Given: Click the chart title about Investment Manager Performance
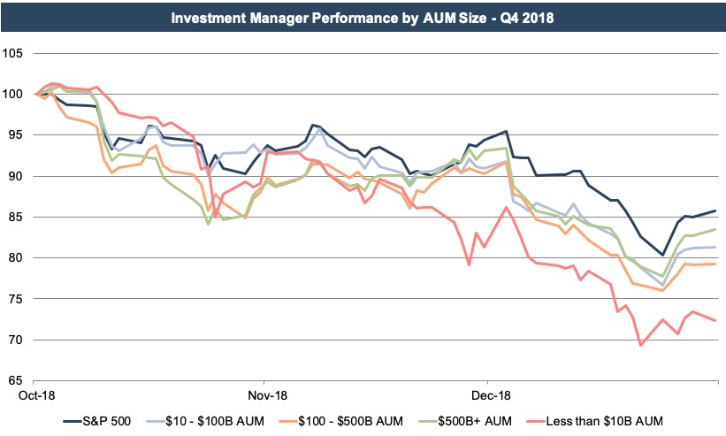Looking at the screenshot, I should (x=363, y=18).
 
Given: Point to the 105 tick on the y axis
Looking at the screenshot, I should (x=12, y=53).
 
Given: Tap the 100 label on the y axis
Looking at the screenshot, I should (x=12, y=94).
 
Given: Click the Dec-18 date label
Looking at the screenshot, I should (x=488, y=394).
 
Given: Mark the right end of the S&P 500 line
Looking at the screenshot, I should (x=715, y=210).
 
